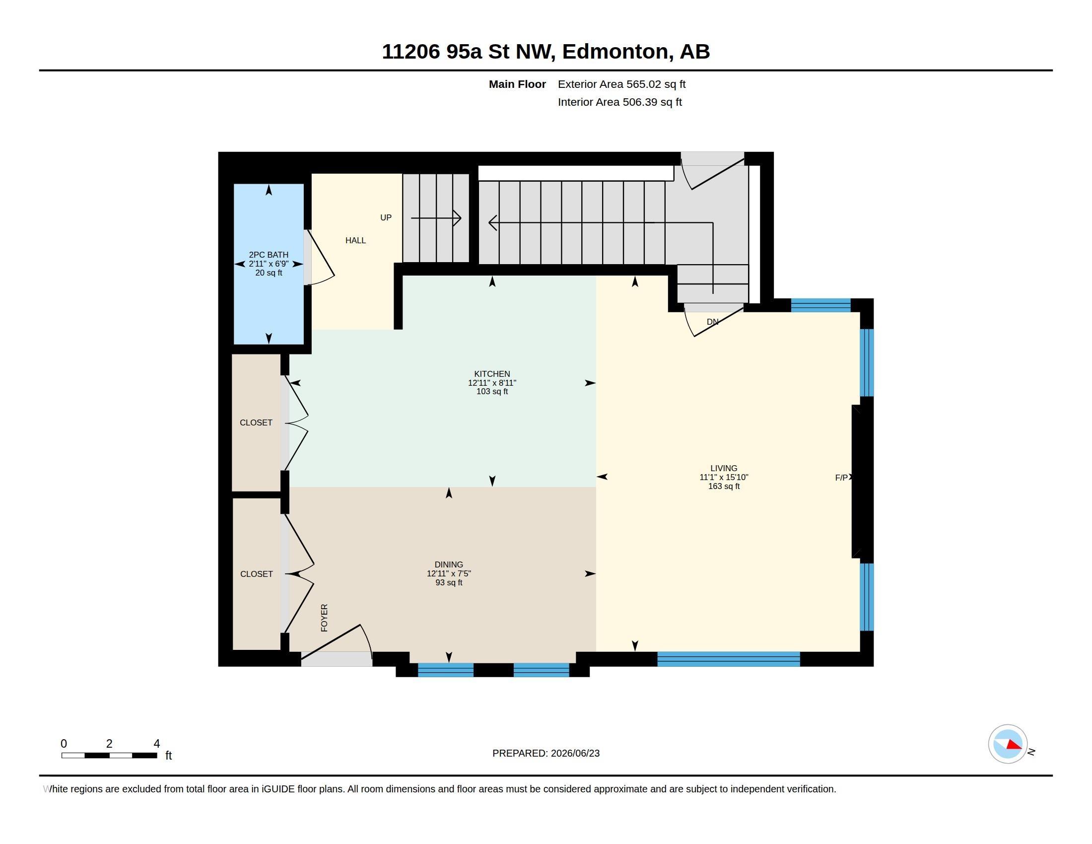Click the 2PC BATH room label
(x=269, y=255)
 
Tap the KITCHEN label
(x=492, y=373)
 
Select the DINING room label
(x=449, y=564)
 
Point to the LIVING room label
(x=724, y=469)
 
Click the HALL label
(x=355, y=240)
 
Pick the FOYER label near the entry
(x=324, y=618)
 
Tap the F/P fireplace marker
(x=841, y=478)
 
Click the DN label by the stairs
(x=712, y=322)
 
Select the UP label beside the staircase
(x=386, y=217)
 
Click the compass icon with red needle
(x=1008, y=744)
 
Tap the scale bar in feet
(x=109, y=755)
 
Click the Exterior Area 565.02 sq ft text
(x=621, y=84)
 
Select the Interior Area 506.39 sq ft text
(x=619, y=102)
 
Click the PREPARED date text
(x=546, y=753)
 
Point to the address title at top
(x=546, y=51)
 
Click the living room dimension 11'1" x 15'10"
(x=724, y=478)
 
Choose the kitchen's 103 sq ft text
(x=492, y=392)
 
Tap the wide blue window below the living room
(x=729, y=659)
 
